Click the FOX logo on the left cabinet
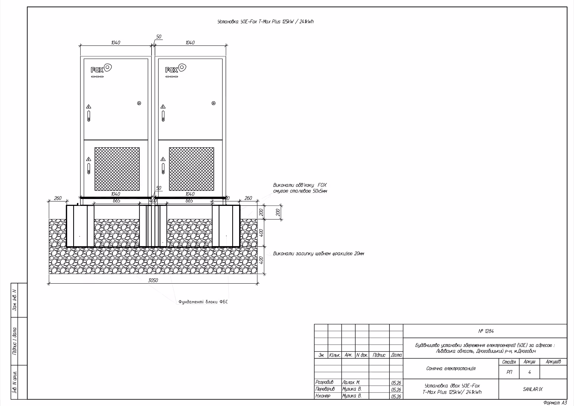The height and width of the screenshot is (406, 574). click(x=101, y=68)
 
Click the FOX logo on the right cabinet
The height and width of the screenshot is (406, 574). click(x=176, y=68)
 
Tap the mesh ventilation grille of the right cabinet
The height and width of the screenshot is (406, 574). click(x=191, y=169)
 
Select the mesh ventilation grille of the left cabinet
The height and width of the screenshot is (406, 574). click(x=117, y=169)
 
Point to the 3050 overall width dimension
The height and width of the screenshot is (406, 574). click(x=153, y=280)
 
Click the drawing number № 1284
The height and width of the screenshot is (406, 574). click(x=486, y=331)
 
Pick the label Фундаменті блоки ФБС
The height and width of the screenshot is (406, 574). click(x=203, y=302)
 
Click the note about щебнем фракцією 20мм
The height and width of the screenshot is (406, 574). click(x=319, y=254)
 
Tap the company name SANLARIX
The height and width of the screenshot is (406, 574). click(x=533, y=389)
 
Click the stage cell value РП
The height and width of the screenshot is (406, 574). click(x=509, y=372)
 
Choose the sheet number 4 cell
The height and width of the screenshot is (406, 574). click(x=530, y=372)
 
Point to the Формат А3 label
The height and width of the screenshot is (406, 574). click(x=555, y=403)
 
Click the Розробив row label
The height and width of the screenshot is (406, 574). click(x=324, y=382)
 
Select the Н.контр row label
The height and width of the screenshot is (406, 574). click(x=323, y=396)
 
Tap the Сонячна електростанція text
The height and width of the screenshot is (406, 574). click(x=451, y=368)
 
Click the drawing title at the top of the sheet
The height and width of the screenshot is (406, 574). click(x=265, y=22)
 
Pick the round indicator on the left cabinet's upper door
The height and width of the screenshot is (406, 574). click(x=139, y=103)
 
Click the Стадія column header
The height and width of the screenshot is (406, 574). click(x=509, y=362)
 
